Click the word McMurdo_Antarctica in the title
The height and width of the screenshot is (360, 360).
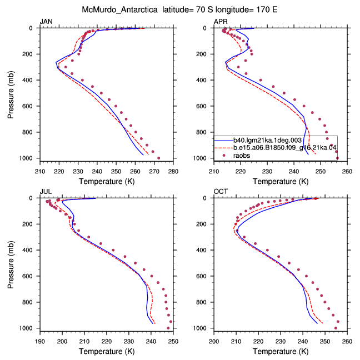119,10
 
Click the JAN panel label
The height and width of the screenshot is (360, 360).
46,22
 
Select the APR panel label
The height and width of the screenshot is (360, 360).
221,22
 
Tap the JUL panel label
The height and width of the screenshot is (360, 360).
46,192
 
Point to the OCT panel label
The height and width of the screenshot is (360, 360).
221,192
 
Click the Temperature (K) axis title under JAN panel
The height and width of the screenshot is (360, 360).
107,182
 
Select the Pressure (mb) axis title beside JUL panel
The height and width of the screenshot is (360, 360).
11,264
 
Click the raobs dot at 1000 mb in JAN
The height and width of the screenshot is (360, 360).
158,158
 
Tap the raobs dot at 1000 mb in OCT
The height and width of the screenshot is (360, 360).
336,328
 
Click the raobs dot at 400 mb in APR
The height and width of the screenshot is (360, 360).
261,80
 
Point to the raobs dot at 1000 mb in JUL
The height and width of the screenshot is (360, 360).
168,328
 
